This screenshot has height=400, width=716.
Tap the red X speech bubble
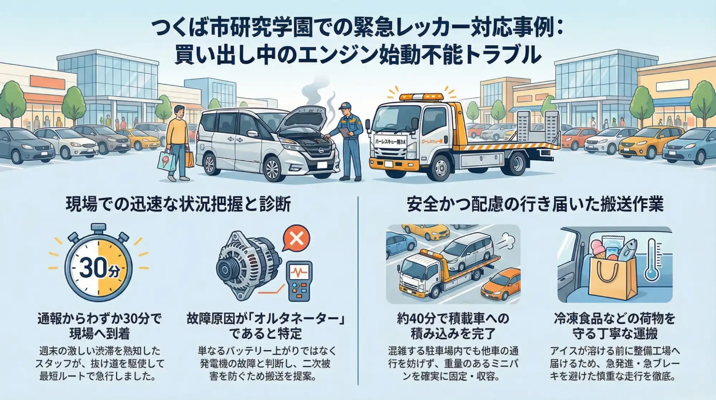[296, 238]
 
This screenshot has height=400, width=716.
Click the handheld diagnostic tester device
[300, 281]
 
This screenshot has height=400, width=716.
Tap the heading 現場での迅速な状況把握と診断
[178, 205]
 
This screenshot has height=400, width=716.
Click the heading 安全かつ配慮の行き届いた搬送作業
[535, 204]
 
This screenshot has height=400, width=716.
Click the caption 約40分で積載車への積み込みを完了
[453, 326]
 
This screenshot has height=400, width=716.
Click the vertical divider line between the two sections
[358, 290]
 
